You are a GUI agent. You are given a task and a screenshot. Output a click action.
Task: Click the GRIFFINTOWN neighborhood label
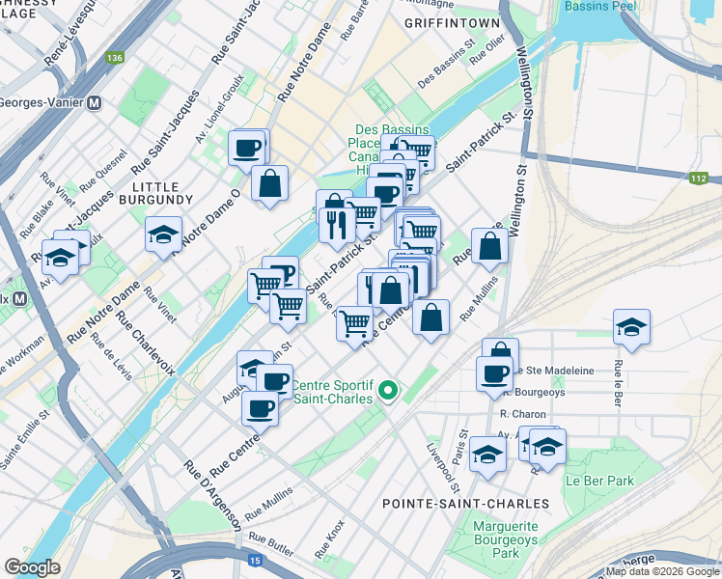pos(452,22)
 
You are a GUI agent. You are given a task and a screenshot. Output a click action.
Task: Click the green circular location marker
pos(388,391)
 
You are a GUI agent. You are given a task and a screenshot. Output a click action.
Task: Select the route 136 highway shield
pos(116,59)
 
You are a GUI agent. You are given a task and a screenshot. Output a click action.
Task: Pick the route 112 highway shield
pos(700,179)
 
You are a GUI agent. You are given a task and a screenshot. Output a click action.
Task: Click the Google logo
pos(32,567)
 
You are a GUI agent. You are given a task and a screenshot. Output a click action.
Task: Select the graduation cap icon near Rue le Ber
pos(631,326)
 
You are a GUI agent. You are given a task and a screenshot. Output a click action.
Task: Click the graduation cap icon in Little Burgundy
pos(163,234)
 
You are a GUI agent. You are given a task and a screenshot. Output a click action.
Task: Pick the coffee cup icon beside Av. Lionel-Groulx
pos(247,148)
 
